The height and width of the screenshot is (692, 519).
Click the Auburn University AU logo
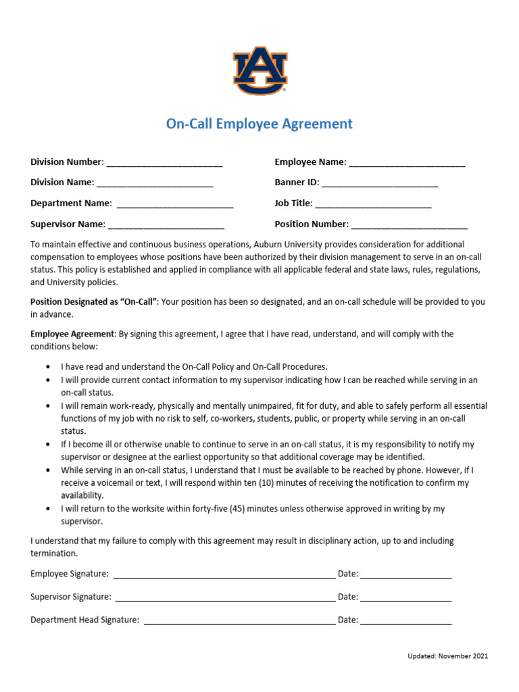click(x=260, y=70)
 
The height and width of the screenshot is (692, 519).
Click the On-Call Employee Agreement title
click(x=259, y=124)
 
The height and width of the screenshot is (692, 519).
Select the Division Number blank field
click(x=164, y=163)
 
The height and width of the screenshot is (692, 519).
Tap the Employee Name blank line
click(x=407, y=163)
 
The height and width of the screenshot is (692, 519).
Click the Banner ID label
click(x=296, y=182)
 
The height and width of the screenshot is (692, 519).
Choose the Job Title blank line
click(x=373, y=204)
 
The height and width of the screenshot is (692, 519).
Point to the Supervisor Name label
click(x=68, y=224)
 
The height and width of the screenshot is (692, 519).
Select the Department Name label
click(x=71, y=203)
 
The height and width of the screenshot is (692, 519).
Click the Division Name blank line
click(x=155, y=184)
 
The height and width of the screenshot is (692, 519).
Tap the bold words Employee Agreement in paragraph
click(x=73, y=334)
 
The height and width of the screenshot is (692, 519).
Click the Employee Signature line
click(x=224, y=575)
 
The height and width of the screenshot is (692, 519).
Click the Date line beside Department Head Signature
click(x=405, y=621)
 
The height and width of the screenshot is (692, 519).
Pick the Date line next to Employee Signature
click(x=405, y=575)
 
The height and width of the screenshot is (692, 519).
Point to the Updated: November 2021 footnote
click(x=447, y=656)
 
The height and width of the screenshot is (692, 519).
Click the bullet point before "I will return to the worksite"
click(x=48, y=509)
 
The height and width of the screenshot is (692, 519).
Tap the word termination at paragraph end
click(x=54, y=553)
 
